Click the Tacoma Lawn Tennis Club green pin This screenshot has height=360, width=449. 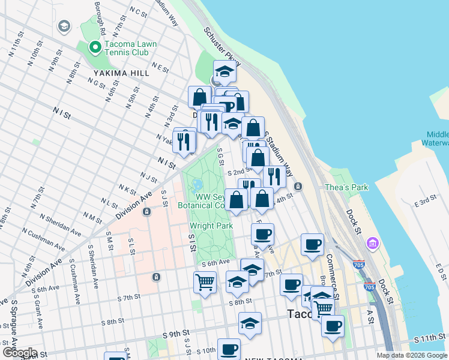click(94, 47)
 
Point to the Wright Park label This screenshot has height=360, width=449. click(206, 226)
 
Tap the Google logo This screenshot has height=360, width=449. click(19, 353)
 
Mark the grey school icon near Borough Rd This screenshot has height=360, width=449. click(64, 26)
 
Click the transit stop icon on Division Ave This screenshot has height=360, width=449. click(146, 211)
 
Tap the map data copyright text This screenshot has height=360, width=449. click(412, 355)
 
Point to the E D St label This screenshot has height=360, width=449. click(441, 270)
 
